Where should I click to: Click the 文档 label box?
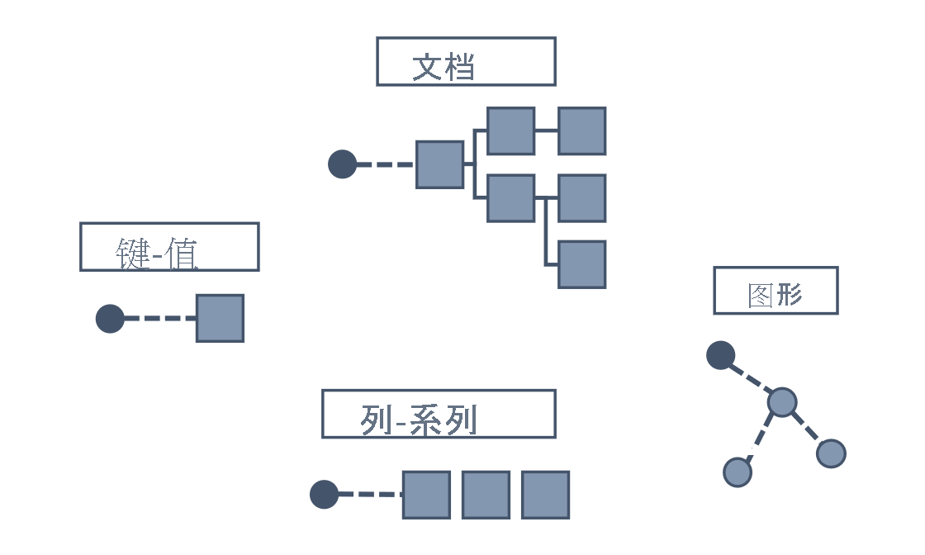(x=466, y=61)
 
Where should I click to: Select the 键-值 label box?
(x=169, y=246)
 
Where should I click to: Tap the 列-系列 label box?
(x=439, y=414)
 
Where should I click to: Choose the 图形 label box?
(x=776, y=291)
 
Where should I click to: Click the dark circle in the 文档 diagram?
(x=342, y=164)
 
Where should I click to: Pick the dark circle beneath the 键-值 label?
(x=110, y=319)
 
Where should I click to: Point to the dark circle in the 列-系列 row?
(x=324, y=495)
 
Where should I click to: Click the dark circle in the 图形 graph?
(x=721, y=355)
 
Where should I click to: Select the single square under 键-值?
(x=220, y=318)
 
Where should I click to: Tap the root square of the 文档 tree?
(x=439, y=164)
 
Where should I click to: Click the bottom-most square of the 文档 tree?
(x=581, y=264)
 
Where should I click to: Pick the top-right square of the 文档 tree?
(x=581, y=130)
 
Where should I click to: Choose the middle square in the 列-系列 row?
(x=486, y=495)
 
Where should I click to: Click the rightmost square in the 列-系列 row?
(x=545, y=495)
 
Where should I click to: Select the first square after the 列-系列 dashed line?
(x=426, y=495)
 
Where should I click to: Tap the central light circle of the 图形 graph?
(x=781, y=402)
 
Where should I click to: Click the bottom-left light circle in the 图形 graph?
(x=738, y=472)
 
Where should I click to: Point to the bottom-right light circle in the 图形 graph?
(x=831, y=453)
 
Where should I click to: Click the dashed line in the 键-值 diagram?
(x=160, y=318)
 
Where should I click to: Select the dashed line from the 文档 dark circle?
(x=386, y=164)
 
